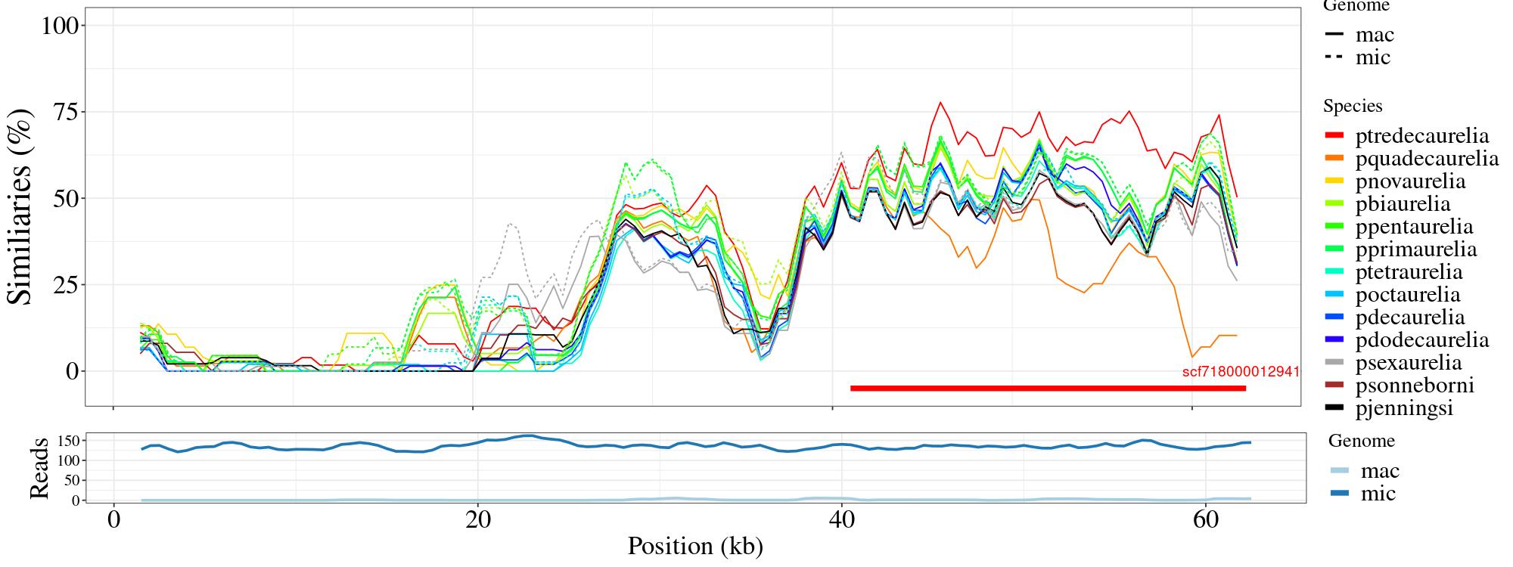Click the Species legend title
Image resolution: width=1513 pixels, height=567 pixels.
coord(1353,106)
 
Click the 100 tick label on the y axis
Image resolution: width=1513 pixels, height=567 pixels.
coord(60,26)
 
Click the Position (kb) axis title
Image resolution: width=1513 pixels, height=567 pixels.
coord(694,546)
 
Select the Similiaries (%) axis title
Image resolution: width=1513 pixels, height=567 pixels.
coord(20,206)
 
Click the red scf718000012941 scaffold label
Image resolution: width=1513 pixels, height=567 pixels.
coord(1241,372)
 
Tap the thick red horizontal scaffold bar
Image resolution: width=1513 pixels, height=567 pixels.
coord(1048,389)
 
